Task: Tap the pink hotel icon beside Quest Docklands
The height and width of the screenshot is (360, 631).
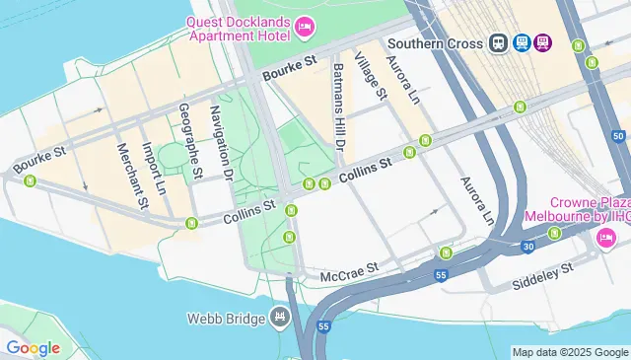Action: (304, 28)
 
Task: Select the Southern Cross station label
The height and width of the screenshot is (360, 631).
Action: (435, 43)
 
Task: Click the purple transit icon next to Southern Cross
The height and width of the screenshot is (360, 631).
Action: (544, 43)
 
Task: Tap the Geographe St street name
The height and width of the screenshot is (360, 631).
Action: (190, 138)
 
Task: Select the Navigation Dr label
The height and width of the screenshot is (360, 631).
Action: (220, 144)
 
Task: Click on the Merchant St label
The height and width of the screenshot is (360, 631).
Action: (131, 176)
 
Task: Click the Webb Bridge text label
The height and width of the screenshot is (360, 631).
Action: (226, 318)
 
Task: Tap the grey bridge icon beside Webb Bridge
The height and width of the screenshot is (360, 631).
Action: (280, 318)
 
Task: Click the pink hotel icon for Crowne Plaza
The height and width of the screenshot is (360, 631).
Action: (606, 238)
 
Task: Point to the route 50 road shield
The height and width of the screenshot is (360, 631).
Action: (618, 135)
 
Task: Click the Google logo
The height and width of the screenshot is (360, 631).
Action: (32, 348)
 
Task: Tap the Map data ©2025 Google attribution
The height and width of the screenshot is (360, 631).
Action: (570, 352)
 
